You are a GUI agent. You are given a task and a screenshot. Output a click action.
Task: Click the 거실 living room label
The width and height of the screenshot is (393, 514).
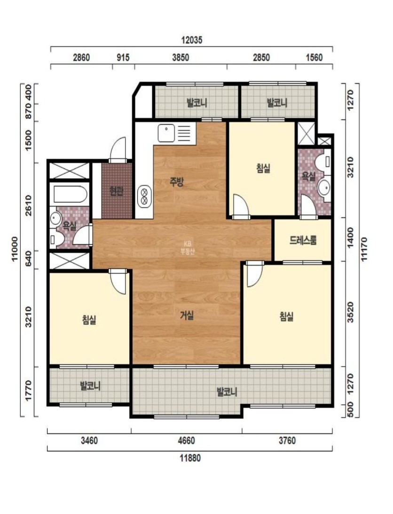point(187,316)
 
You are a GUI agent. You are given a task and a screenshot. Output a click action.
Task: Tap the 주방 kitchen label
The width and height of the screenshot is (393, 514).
point(177,182)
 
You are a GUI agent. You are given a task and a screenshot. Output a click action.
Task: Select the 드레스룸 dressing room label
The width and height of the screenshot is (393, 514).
point(303,241)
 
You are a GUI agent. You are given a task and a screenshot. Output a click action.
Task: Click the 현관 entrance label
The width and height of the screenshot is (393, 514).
point(117,191)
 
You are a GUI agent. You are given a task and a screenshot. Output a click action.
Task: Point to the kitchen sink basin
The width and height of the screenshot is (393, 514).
point(166,133)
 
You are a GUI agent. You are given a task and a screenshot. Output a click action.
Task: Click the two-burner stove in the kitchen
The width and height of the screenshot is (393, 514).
point(144,196)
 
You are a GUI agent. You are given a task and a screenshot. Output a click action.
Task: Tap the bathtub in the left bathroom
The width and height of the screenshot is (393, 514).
point(71,194)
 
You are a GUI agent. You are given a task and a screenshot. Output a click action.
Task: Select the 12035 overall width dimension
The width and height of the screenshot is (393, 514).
point(192,40)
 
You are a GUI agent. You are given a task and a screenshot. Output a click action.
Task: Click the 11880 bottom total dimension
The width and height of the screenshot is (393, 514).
point(190,458)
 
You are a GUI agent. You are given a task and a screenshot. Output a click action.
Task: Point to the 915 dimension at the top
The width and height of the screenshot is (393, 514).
point(123,58)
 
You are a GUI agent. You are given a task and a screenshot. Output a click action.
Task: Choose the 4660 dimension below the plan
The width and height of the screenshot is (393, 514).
point(186,441)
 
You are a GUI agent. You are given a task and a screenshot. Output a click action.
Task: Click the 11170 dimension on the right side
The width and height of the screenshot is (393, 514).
point(364,249)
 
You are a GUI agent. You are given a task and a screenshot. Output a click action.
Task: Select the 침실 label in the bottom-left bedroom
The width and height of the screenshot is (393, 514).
point(89,320)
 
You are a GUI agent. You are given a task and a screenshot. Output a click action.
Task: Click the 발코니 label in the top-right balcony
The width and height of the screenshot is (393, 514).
point(277,103)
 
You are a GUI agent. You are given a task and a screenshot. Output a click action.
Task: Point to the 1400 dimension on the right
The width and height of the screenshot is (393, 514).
point(350,238)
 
